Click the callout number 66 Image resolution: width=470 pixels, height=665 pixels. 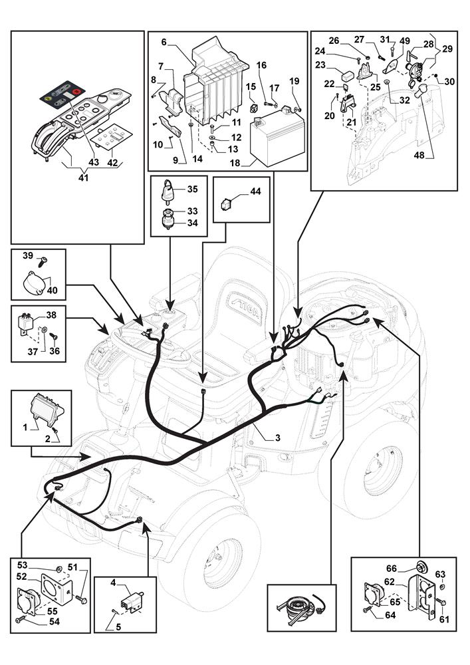pyautogui.click(x=392, y=569)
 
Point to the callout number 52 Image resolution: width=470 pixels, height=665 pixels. pyautogui.click(x=22, y=576)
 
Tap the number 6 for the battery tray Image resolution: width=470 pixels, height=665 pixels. pyautogui.click(x=164, y=41)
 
